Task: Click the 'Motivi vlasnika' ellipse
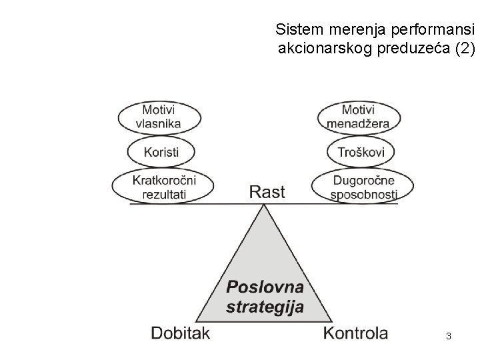point(158,117)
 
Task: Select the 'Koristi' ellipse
point(161,152)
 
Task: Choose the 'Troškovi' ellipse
point(361,152)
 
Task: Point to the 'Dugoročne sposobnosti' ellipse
point(363,187)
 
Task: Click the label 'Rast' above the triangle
point(267,192)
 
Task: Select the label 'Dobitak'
point(181,333)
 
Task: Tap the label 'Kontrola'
point(355,333)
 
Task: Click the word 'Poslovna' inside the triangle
point(265,287)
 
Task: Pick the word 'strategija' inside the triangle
point(265,307)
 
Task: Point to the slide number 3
point(449,337)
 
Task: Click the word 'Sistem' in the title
point(295,30)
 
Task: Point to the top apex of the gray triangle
point(265,206)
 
